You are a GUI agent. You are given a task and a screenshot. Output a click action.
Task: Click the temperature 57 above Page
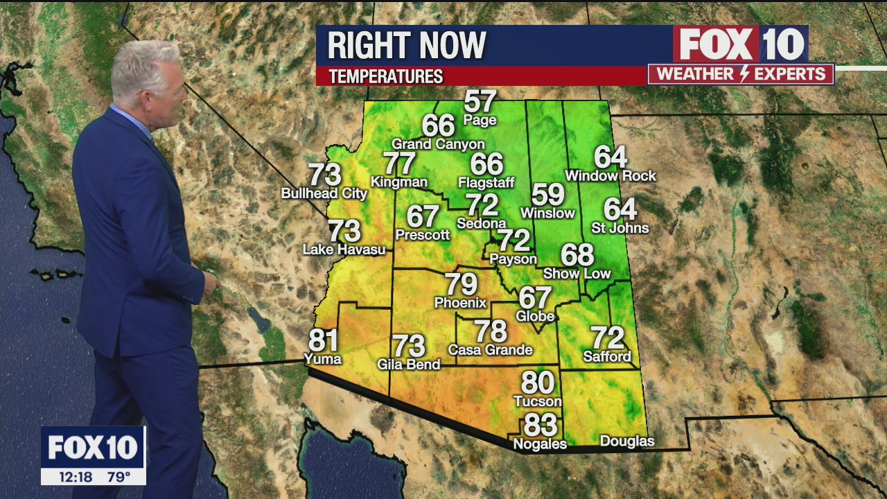click(480, 102)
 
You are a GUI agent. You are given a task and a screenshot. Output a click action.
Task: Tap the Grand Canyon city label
click(438, 144)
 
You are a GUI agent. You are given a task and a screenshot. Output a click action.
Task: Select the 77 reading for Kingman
click(399, 164)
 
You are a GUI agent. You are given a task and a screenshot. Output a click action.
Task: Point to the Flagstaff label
click(486, 183)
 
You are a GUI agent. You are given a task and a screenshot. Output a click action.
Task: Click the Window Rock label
click(610, 176)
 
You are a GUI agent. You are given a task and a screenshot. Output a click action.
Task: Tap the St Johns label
click(620, 228)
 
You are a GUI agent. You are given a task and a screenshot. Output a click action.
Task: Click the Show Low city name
click(577, 274)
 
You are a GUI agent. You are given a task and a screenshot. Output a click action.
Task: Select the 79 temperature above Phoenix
click(461, 285)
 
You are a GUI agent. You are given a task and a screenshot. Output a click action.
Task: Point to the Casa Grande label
click(490, 350)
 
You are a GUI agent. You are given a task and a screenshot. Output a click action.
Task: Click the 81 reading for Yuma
click(323, 341)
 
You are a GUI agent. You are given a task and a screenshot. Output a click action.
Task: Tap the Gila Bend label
click(408, 365)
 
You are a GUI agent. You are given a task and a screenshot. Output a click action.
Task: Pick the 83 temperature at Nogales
click(540, 423)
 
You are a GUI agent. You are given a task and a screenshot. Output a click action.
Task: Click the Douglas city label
click(626, 441)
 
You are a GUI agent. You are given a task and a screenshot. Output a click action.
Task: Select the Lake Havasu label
click(344, 249)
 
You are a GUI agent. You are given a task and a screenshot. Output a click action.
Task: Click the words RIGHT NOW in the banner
click(407, 46)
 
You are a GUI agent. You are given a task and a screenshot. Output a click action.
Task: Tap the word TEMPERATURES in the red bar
click(386, 76)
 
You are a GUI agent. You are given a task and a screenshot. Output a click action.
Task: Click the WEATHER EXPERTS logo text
click(741, 74)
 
